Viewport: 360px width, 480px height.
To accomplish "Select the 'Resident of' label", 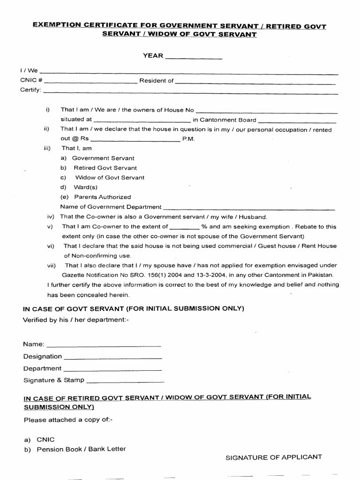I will click(156, 81).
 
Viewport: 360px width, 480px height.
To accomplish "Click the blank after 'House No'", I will click(266, 112).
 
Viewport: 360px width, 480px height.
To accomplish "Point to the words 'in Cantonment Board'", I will click(225, 120).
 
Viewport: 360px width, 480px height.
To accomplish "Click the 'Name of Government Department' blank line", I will click(249, 208).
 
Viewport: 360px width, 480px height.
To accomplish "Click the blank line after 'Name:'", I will click(104, 345).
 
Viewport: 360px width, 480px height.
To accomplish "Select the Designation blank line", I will click(112, 357).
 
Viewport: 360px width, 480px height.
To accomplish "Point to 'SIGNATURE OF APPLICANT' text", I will click(274, 457).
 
